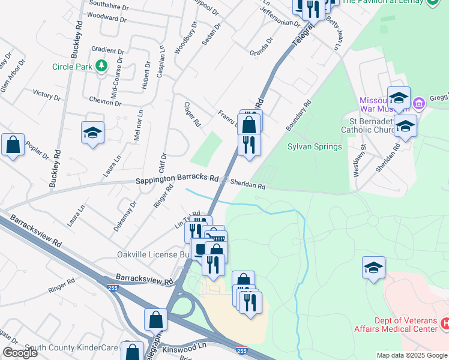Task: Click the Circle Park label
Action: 72,67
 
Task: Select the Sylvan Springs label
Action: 315,146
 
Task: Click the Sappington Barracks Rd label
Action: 176,178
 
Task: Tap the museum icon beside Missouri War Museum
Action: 419,103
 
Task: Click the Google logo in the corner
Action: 19,353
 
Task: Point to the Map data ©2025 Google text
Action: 412,355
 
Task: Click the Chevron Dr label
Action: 101,102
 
